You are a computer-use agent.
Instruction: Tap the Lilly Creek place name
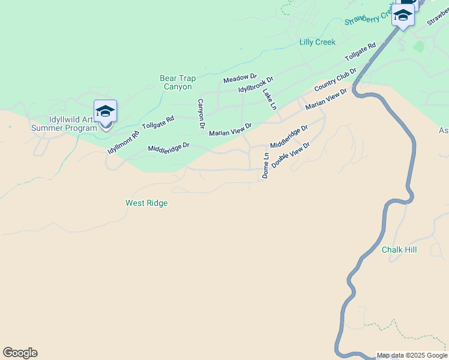click(317, 42)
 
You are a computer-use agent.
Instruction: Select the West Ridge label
click(146, 203)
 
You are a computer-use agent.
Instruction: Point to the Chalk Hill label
click(399, 250)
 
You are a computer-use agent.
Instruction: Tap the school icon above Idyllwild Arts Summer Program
click(106, 112)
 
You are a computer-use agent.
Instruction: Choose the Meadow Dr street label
click(240, 79)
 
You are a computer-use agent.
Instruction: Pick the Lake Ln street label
click(269, 99)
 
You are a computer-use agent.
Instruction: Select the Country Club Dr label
click(335, 80)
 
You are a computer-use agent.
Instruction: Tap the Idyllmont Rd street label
click(123, 142)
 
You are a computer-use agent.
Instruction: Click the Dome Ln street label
click(265, 165)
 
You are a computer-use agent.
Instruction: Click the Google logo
click(20, 353)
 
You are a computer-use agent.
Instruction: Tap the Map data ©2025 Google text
click(412, 355)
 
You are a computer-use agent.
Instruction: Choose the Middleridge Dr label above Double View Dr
click(289, 137)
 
